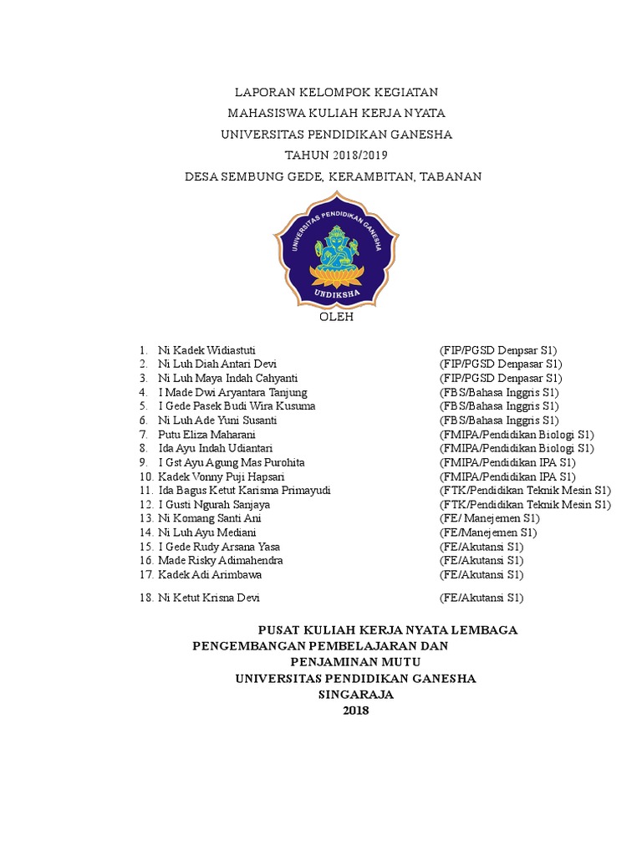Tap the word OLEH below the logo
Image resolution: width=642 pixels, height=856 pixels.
click(x=337, y=318)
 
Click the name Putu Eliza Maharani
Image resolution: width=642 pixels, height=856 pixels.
click(x=206, y=435)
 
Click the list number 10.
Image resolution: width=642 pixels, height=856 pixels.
click(x=146, y=476)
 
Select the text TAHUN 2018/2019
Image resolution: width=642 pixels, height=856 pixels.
click(x=336, y=155)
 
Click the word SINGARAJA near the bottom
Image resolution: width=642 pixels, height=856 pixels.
click(x=355, y=695)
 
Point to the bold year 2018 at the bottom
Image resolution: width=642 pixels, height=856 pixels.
click(x=355, y=711)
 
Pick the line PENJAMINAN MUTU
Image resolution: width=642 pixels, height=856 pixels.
click(x=355, y=662)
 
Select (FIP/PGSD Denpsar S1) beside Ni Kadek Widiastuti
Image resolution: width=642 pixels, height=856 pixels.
click(x=498, y=349)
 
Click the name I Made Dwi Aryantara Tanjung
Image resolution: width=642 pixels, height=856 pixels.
click(x=232, y=392)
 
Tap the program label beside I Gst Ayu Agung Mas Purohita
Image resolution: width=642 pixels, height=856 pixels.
click(x=507, y=462)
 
